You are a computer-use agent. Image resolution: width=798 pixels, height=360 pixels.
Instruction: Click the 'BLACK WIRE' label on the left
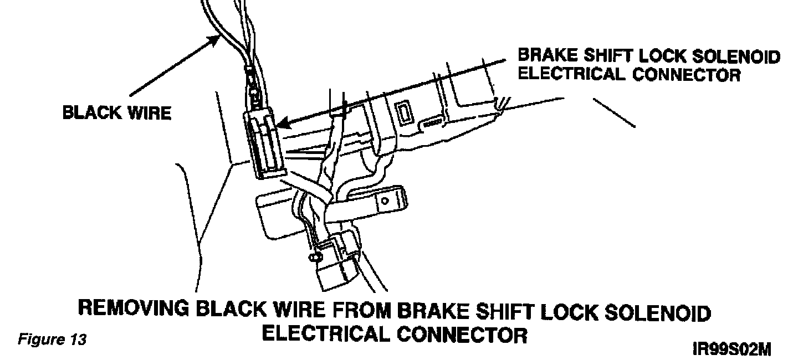pos(116,113)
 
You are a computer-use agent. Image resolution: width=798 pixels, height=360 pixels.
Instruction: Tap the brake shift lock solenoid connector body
pos(265,144)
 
